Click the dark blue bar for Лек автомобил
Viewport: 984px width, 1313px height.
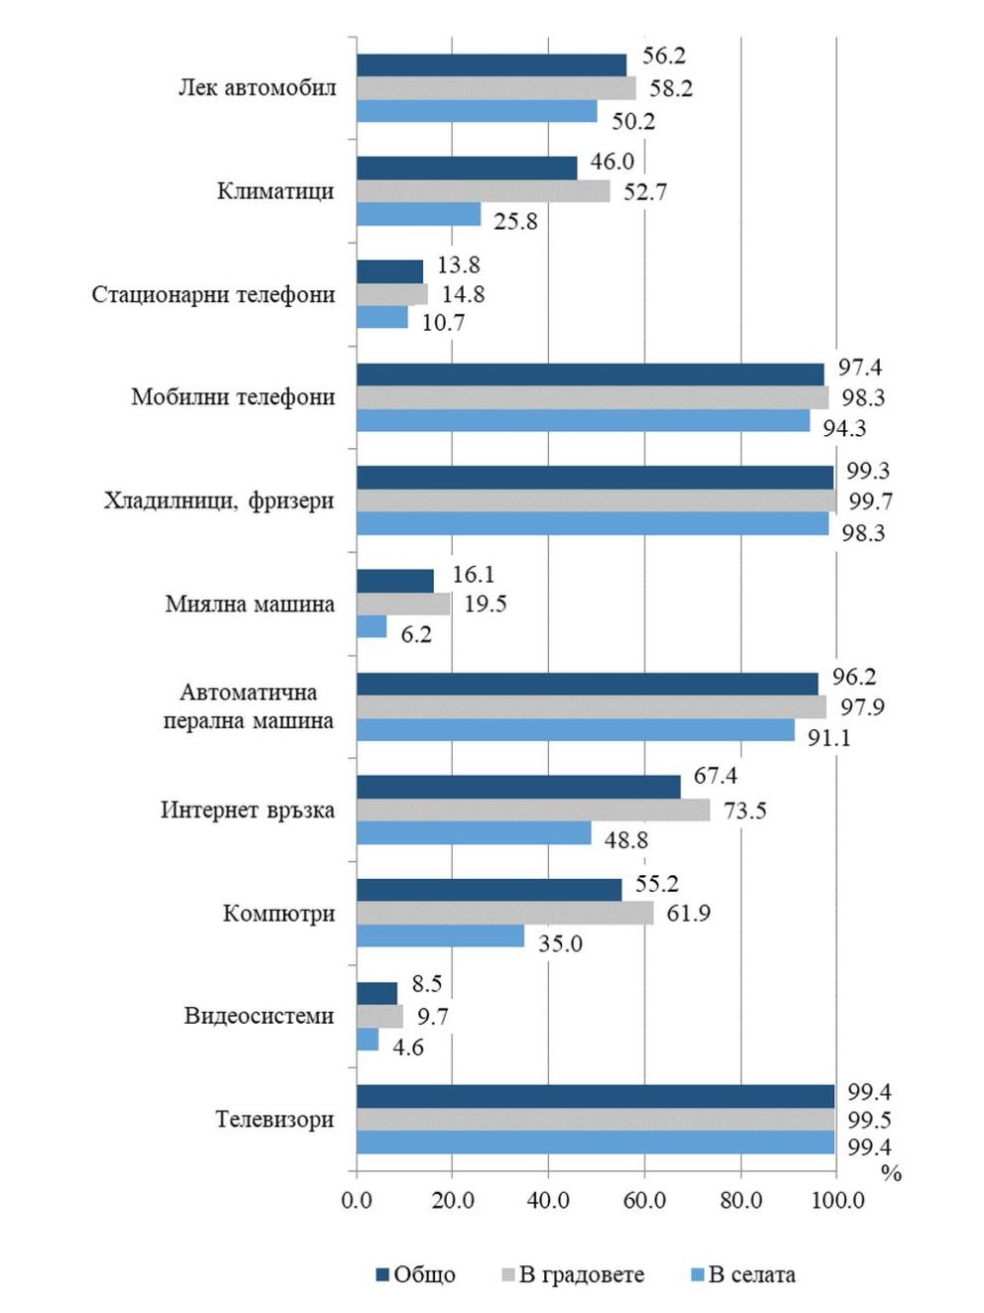coord(492,65)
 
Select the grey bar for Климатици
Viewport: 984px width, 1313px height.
coord(483,192)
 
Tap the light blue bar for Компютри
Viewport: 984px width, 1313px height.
coord(440,937)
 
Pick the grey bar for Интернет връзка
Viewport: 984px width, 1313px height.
coord(533,810)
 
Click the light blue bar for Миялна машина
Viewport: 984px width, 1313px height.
coord(371,627)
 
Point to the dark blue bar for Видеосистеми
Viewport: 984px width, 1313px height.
coord(376,993)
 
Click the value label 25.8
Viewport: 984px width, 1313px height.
coord(515,221)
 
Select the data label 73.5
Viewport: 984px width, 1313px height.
coord(745,810)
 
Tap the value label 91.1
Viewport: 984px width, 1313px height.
coord(828,738)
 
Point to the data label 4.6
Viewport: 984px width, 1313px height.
coord(408,1047)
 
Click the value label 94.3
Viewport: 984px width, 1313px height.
coord(844,428)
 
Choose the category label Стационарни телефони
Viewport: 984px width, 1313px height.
coord(213,295)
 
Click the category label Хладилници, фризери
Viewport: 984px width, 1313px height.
coord(218,501)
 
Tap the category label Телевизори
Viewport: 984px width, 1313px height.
coord(275,1119)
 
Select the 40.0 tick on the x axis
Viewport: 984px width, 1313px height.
coord(548,1200)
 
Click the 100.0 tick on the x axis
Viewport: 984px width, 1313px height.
coord(837,1200)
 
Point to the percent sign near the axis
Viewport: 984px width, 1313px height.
coord(891,1173)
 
